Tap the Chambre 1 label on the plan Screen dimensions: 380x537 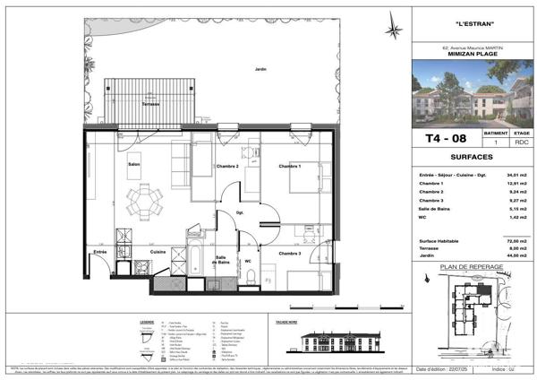click(x=289, y=167)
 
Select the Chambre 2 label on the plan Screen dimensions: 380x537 click(x=225, y=167)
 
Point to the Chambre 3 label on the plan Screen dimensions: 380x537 click(x=290, y=254)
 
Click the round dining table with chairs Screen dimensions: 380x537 click(x=141, y=196)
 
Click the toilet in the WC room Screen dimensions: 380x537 click(x=254, y=273)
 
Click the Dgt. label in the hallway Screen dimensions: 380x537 click(x=240, y=212)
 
